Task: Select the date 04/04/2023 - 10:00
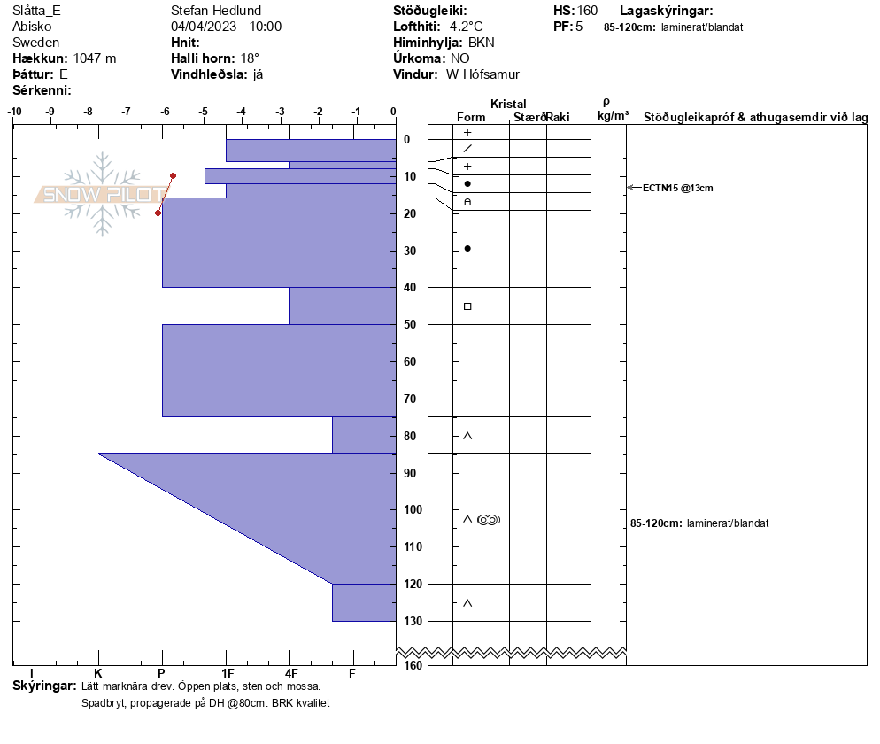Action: click(x=226, y=27)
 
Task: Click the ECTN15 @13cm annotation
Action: click(x=677, y=188)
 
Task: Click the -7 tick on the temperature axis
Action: click(x=127, y=112)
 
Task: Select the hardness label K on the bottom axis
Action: click(x=98, y=674)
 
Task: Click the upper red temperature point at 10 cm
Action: click(x=173, y=175)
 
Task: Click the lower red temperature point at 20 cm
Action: click(x=158, y=213)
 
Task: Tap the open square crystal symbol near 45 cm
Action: click(x=467, y=306)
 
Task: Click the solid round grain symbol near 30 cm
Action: click(x=467, y=248)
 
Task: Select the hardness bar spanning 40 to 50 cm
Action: click(x=343, y=306)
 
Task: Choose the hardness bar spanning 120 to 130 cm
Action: click(x=364, y=602)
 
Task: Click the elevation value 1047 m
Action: click(x=95, y=58)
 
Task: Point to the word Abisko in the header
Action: click(x=32, y=27)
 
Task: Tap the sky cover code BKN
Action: click(x=482, y=43)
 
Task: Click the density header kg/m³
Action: click(x=613, y=116)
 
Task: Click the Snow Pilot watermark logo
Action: click(x=102, y=194)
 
